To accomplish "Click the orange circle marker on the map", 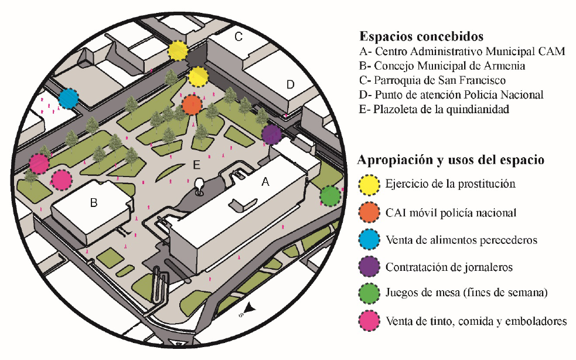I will click(192, 105).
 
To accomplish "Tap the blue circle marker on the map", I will click(69, 99).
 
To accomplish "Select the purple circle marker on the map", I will click(271, 135).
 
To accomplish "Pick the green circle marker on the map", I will click(330, 195).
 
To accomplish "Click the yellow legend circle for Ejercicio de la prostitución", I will click(369, 184).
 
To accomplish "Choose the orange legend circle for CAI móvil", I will click(369, 212).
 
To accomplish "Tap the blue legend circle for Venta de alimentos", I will click(369, 240).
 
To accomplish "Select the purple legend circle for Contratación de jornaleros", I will click(369, 267).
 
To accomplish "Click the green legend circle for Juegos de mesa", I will click(369, 294).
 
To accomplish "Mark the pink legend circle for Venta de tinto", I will click(369, 321).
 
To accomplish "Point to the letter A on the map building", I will click(265, 183).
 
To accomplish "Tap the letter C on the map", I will click(238, 37).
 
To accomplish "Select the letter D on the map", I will click(289, 84).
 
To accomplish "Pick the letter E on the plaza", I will click(197, 162).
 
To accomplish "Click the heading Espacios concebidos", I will click(421, 35).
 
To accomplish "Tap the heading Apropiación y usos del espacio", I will click(451, 159).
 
